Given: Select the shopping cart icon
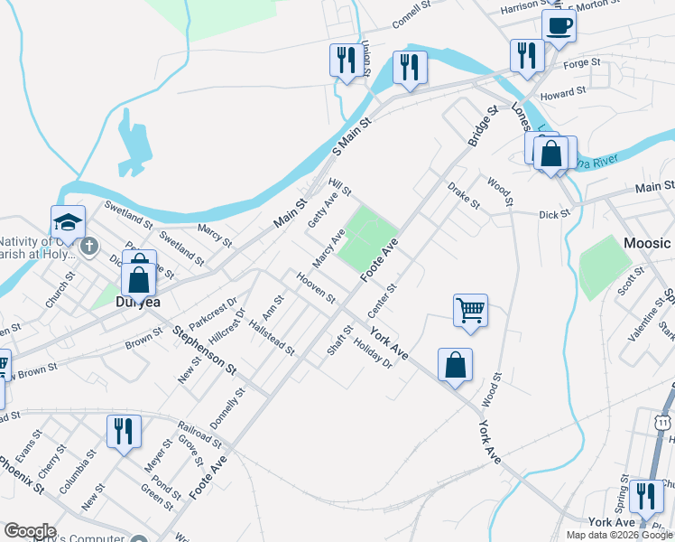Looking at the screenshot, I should (470, 310).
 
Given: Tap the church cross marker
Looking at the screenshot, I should (88, 246).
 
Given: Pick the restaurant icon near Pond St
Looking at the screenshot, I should (124, 429).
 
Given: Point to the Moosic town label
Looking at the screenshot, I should (647, 243).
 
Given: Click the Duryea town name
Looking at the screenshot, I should (137, 302).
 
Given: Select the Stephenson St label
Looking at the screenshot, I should (206, 350).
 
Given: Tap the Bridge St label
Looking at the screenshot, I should (483, 126).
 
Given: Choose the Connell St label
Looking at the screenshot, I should (415, 14).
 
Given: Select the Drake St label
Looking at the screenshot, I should (464, 195).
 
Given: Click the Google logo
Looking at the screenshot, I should (30, 531).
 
